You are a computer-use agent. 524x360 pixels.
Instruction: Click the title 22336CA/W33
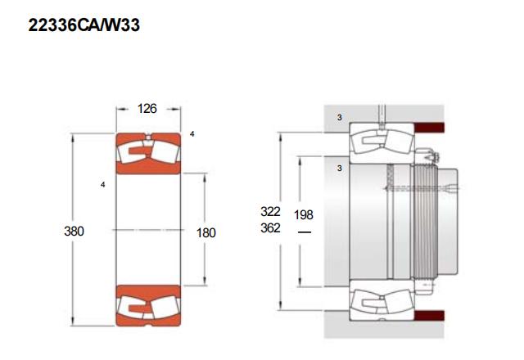point(84,25)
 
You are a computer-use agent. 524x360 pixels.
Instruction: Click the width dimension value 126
point(147,109)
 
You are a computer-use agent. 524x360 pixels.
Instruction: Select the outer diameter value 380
point(74,231)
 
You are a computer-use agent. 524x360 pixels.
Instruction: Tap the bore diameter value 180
point(206,232)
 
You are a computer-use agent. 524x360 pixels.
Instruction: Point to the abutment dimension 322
point(270,211)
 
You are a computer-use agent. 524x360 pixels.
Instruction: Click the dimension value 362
point(270,228)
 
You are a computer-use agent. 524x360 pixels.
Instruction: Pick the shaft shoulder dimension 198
point(304,215)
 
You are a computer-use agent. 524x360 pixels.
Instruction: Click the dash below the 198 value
point(304,232)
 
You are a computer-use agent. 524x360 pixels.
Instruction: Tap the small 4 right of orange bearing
point(192,134)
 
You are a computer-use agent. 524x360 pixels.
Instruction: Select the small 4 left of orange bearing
point(102,185)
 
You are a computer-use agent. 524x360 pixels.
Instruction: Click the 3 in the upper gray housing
point(340,118)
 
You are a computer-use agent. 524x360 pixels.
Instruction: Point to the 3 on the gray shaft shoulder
point(340,169)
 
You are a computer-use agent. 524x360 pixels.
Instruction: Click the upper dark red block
point(429,128)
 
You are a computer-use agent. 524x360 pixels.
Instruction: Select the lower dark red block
point(429,316)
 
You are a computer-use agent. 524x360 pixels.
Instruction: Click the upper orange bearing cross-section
point(148,154)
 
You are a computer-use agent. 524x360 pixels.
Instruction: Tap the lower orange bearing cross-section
point(148,305)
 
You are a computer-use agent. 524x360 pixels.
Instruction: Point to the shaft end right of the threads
point(448,222)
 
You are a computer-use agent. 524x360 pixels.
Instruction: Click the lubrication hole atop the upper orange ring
point(148,137)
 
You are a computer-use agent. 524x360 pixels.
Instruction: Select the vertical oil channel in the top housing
point(382,117)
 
